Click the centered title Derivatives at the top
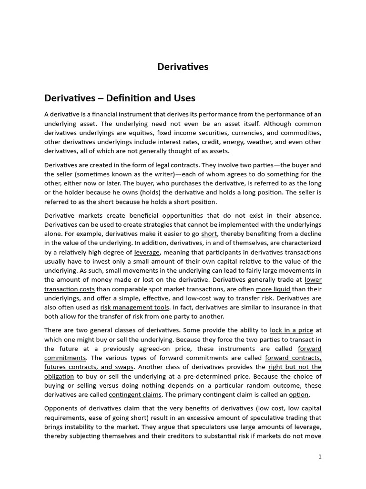click(183, 67)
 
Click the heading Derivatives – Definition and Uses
click(120, 98)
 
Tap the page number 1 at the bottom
click(320, 457)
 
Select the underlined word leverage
click(147, 252)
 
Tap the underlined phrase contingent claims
click(135, 395)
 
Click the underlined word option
click(299, 395)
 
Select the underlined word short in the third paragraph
click(209, 234)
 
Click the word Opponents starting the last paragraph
click(62, 408)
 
